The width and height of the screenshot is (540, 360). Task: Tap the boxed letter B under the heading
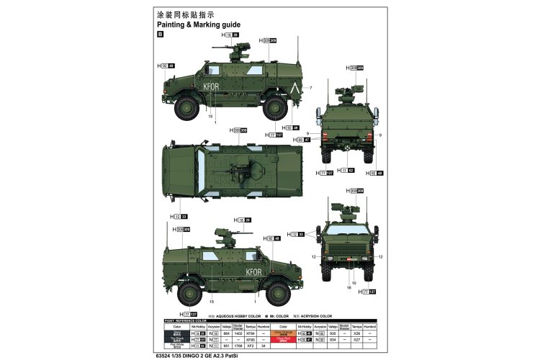pyautogui.click(x=159, y=34)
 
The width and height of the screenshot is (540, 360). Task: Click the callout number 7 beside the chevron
pyautogui.click(x=311, y=88)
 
